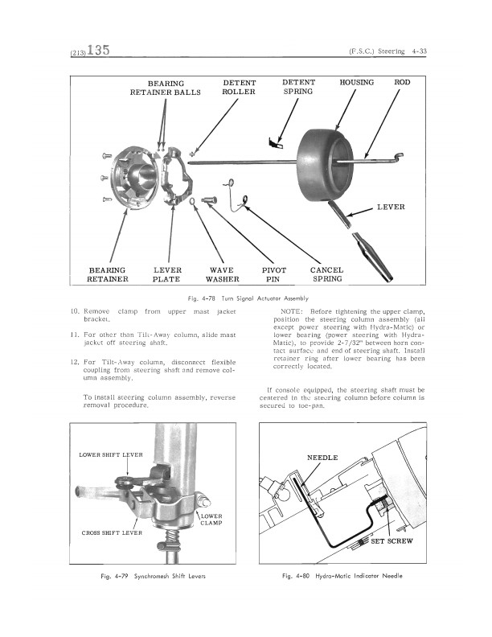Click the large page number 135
(x=98, y=50)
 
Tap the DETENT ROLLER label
(x=239, y=88)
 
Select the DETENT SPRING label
(x=298, y=87)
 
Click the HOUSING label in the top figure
(x=356, y=83)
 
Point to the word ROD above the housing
(x=402, y=82)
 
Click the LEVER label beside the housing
(x=391, y=207)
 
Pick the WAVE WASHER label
(x=222, y=274)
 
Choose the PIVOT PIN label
(x=274, y=274)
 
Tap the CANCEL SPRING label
(x=326, y=274)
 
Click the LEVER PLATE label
(x=167, y=274)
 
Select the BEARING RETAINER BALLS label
(x=166, y=88)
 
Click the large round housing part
(x=324, y=166)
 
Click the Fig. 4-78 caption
(x=248, y=298)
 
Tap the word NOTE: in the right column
(x=292, y=311)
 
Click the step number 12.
(x=75, y=362)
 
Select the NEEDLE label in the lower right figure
(x=322, y=458)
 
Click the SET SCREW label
(x=392, y=541)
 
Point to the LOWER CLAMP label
(x=211, y=520)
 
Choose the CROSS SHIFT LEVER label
(x=112, y=533)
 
